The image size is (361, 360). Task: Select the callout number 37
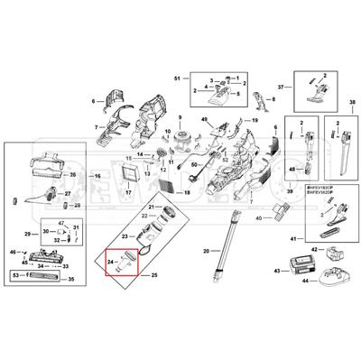click(x=281, y=87)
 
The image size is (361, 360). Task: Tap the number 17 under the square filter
click(x=129, y=193)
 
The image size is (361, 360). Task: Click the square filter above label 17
click(x=129, y=171)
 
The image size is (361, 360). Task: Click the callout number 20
click(x=206, y=250)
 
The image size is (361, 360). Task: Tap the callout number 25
click(x=154, y=272)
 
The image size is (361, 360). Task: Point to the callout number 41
click(x=292, y=237)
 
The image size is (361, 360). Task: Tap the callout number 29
click(x=26, y=235)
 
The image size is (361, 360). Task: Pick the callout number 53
click(x=14, y=274)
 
